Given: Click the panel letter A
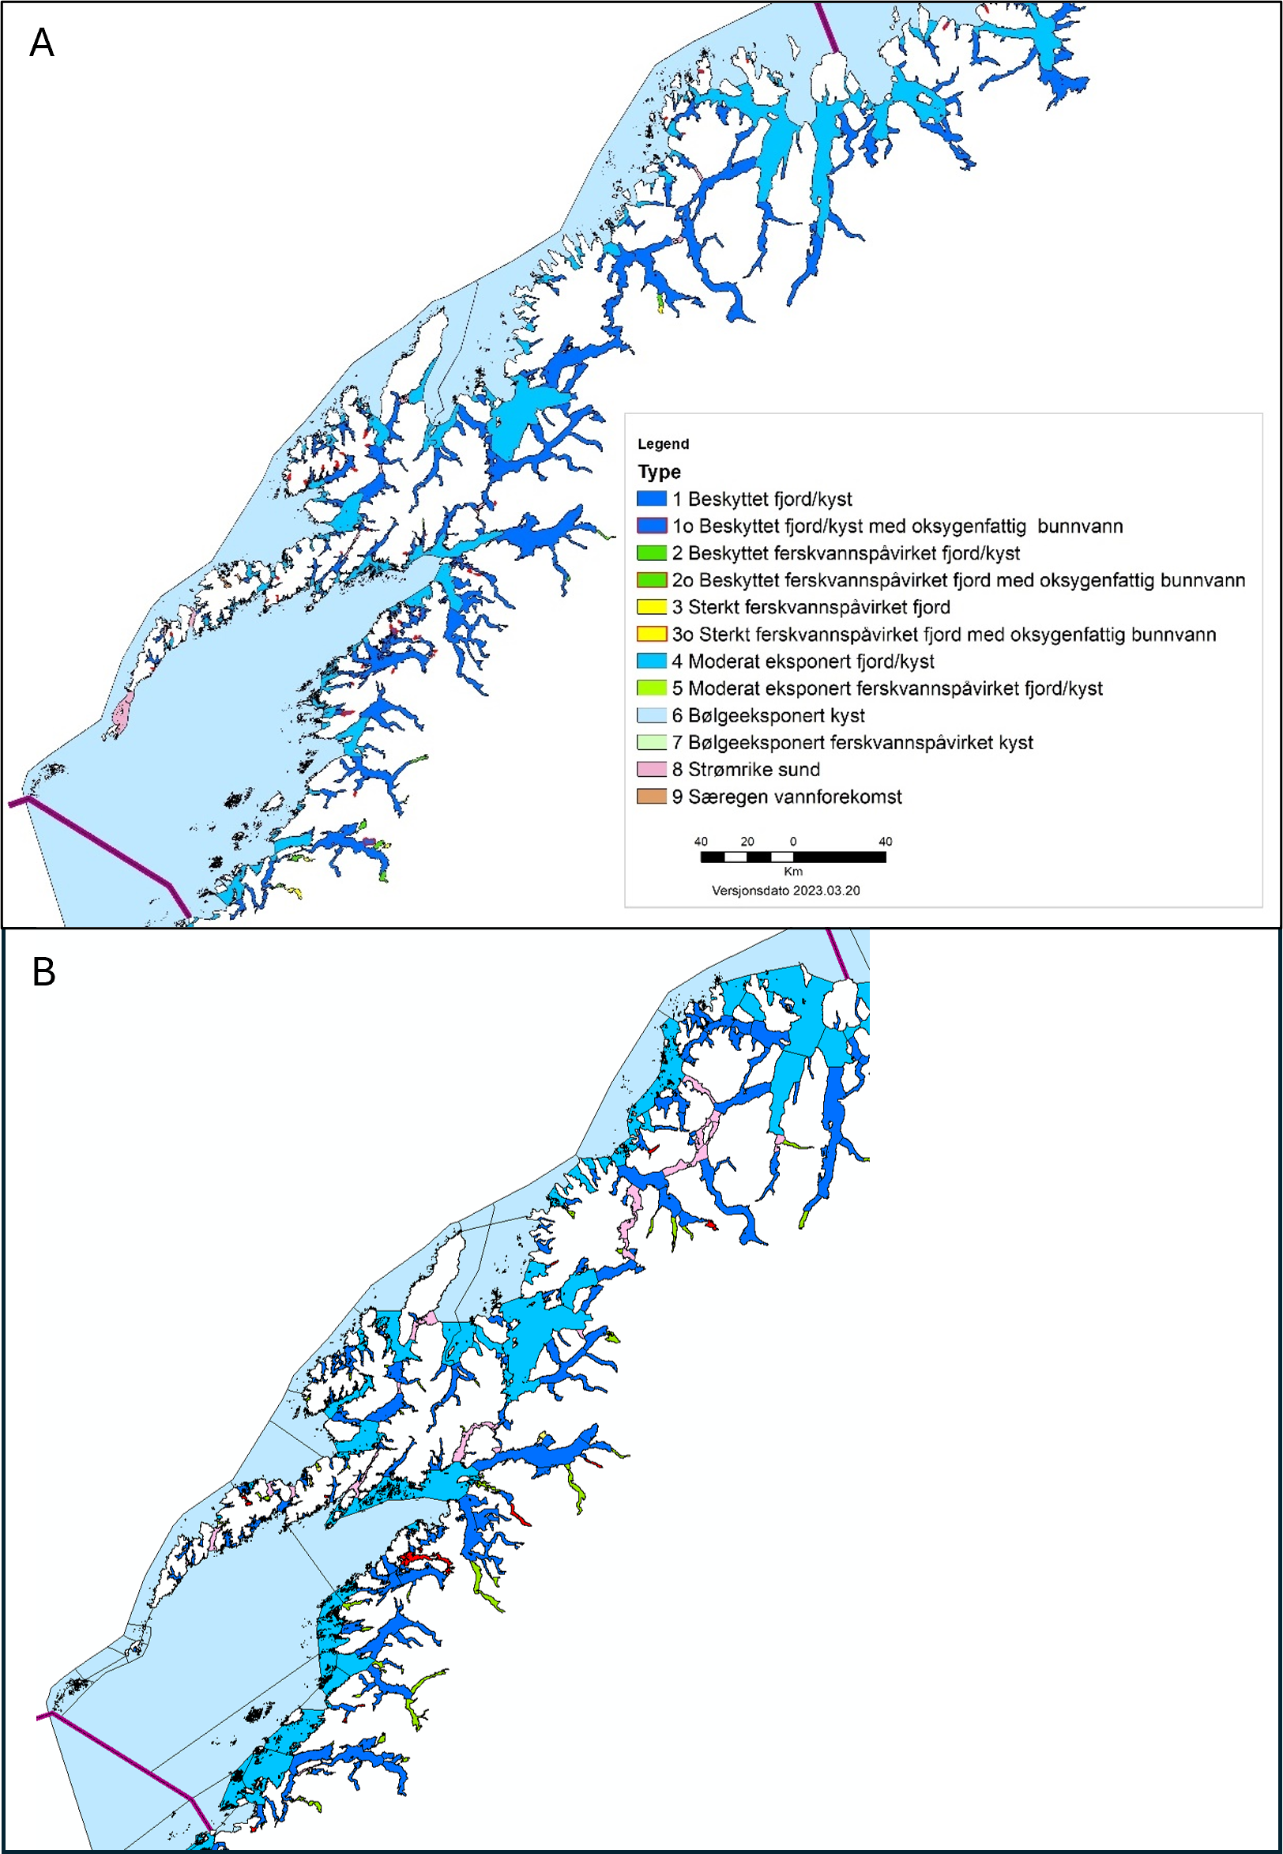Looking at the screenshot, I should click(42, 43).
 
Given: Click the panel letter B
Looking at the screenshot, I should click(43, 972).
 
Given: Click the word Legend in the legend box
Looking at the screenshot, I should click(662, 444).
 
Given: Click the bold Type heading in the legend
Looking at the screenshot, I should click(658, 472).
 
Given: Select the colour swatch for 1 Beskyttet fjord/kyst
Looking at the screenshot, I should click(651, 499).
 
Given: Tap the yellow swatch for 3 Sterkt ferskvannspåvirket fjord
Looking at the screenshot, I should click(651, 607).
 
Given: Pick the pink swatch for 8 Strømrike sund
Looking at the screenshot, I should click(651, 770).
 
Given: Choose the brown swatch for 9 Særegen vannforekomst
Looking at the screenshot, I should click(651, 797).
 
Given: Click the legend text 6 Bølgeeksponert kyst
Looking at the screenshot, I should click(768, 715).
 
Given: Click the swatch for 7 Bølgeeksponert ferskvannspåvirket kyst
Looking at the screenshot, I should click(651, 742).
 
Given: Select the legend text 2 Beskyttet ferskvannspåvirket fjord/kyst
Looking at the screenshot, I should click(845, 553).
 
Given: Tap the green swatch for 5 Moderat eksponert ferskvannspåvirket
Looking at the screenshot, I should click(651, 688).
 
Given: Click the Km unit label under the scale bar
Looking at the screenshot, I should click(792, 872).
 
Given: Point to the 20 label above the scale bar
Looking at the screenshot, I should click(747, 842).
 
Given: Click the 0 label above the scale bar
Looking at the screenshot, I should click(792, 842).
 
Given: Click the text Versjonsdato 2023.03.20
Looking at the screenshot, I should click(785, 891).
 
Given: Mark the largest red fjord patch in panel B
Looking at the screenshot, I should click(421, 1559).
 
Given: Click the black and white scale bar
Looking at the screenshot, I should click(792, 857).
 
